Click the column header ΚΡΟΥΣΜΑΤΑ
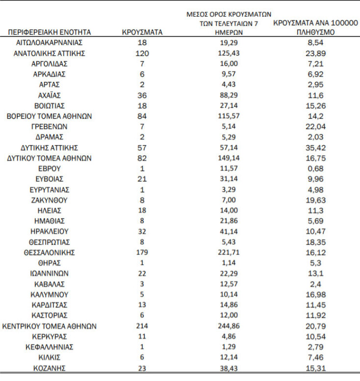[142, 32]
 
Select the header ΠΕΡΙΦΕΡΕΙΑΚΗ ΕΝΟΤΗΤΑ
[50, 32]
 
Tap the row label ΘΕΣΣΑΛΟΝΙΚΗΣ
[50, 253]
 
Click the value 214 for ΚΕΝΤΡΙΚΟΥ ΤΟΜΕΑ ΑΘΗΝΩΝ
[142, 326]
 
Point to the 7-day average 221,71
[229, 253]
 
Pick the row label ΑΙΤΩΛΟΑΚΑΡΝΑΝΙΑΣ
[50, 43]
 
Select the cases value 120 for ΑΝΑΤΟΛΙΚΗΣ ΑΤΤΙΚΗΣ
[142, 53]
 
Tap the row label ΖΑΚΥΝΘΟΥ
[50, 200]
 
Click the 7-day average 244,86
[229, 326]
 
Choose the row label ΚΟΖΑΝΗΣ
[50, 368]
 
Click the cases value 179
[142, 253]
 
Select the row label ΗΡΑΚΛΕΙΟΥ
[50, 231]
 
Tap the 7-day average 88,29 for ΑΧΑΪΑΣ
[229, 95]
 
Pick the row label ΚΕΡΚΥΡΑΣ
[50, 336]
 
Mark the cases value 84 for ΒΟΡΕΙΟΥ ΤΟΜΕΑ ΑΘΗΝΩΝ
[142, 116]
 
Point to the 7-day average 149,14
[229, 158]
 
